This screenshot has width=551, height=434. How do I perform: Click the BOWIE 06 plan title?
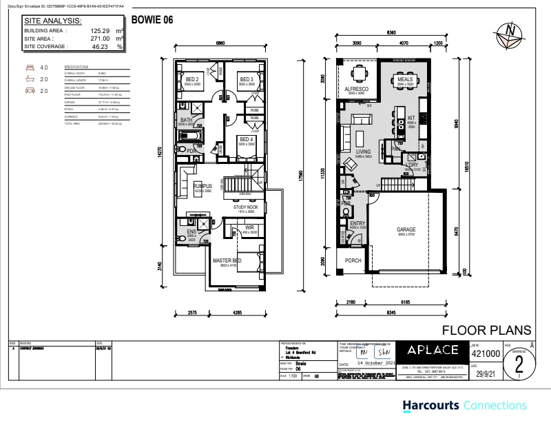[151, 21]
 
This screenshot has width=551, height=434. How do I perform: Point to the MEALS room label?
[406, 80]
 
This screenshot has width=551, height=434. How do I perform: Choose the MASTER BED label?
[226, 261]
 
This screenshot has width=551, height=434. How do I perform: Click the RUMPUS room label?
[202, 186]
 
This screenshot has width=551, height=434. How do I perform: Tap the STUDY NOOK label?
[245, 206]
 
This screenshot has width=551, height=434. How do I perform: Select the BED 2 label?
[192, 80]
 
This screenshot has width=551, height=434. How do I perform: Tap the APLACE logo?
[430, 351]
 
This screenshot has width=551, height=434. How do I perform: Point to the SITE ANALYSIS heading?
[54, 21]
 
